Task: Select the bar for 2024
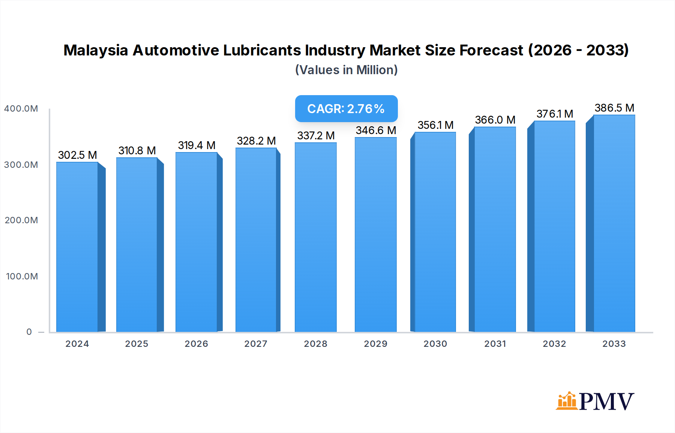coord(77,247)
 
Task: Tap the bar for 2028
coord(316,237)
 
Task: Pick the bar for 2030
coord(435,232)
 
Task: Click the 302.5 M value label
coord(77,155)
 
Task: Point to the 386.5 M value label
coord(614,108)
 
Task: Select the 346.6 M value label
coord(376,130)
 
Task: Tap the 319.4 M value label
coord(196,145)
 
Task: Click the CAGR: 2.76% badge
coord(346,109)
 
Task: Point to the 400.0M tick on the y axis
coord(21,109)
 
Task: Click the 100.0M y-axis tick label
coord(22,276)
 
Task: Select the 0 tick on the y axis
coord(29,332)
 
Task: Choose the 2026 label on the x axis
coord(196,344)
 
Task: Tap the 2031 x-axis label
coord(495,344)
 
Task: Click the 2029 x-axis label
coord(375,344)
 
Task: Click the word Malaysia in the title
coord(96,50)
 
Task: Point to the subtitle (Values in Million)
coord(346,70)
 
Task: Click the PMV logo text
coord(606,402)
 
